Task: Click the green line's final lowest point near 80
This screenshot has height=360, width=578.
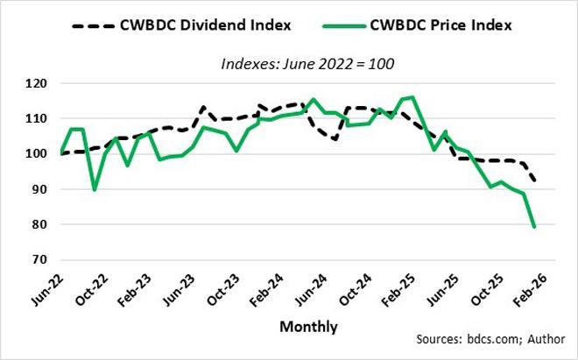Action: tap(534, 227)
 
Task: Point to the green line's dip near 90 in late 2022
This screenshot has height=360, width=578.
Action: tap(95, 189)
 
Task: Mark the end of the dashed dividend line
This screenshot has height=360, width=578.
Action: tap(534, 180)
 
